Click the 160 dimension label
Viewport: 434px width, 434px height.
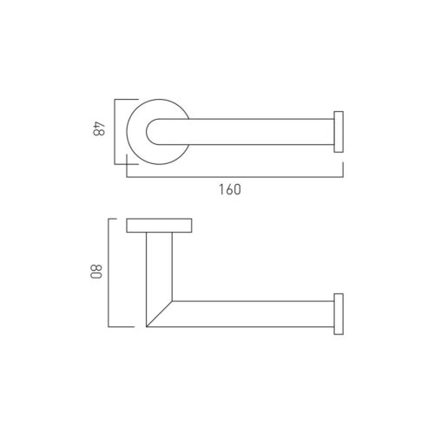pos(230,190)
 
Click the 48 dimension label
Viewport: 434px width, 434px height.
pos(99,129)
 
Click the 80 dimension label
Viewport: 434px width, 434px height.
pos(96,271)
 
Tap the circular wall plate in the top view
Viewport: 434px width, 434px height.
pos(136,132)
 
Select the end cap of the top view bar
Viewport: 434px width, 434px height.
pos(339,132)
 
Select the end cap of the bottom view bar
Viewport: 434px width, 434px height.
pos(339,314)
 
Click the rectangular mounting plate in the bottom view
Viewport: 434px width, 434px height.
pos(159,226)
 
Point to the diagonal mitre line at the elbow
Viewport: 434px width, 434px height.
pos(160,314)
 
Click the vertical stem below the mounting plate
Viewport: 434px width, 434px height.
pos(160,266)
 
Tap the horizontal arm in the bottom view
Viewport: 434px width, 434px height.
pos(253,314)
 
